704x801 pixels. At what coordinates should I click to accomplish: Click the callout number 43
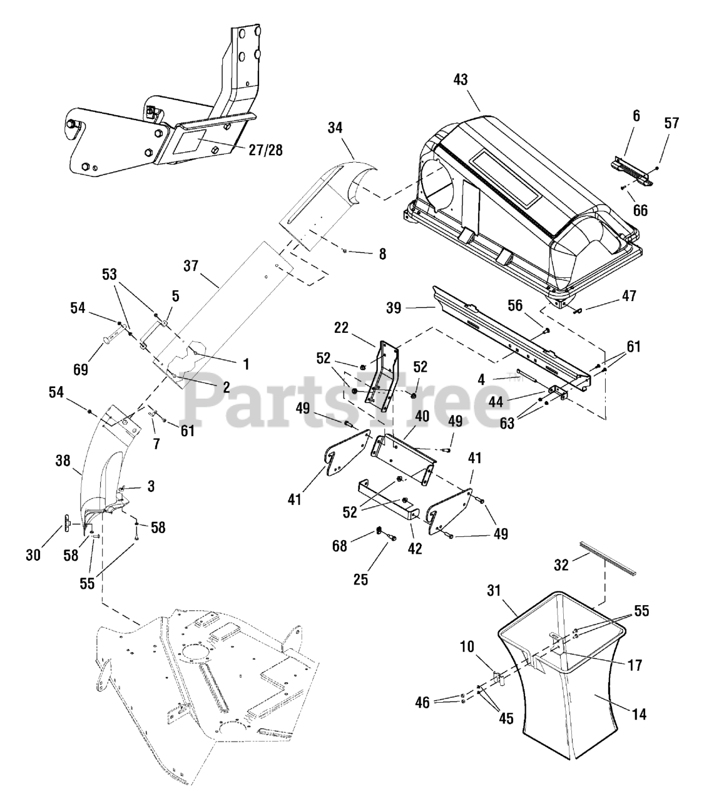(x=461, y=79)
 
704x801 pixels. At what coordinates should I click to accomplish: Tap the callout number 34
(x=335, y=128)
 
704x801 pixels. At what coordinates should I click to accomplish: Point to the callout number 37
(x=191, y=266)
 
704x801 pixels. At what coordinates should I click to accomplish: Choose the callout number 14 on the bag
(x=640, y=713)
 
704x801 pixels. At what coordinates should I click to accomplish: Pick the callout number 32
(x=561, y=564)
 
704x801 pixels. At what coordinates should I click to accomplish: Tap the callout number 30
(x=34, y=554)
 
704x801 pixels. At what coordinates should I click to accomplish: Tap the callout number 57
(x=671, y=123)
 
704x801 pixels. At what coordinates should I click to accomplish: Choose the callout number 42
(x=414, y=548)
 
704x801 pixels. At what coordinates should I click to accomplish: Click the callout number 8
(x=382, y=254)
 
